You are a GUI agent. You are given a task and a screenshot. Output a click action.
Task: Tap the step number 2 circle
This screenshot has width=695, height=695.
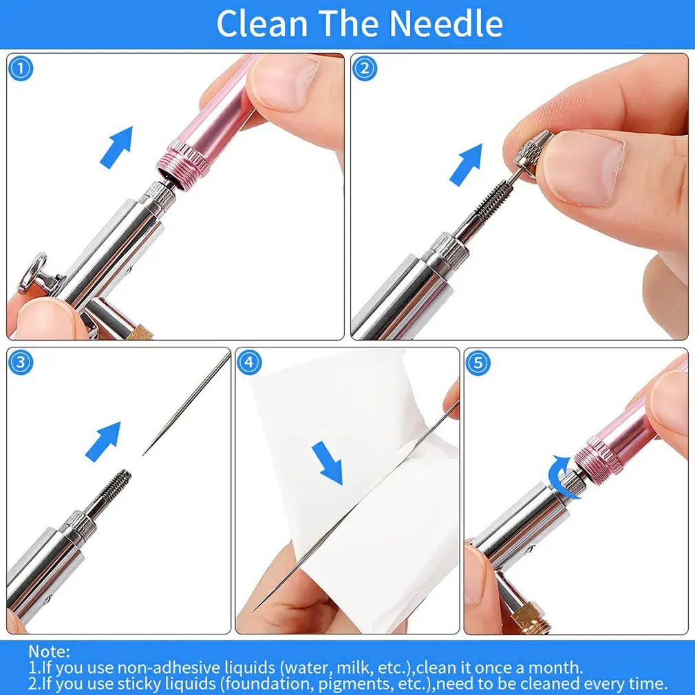pos(365,68)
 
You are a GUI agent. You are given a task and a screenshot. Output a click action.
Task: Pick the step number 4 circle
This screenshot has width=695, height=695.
pos(249,362)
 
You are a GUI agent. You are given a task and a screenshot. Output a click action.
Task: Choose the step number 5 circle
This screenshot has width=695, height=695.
pos(478,362)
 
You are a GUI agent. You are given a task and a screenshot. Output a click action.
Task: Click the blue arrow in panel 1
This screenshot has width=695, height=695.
pos(116,147)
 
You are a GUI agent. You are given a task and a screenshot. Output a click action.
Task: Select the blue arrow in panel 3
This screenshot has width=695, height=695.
pos(103,441)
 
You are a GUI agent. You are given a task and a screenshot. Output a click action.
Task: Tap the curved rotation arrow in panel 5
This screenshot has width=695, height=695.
pos(568,475)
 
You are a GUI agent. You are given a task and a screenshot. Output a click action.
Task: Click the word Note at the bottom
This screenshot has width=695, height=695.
pos(49,651)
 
